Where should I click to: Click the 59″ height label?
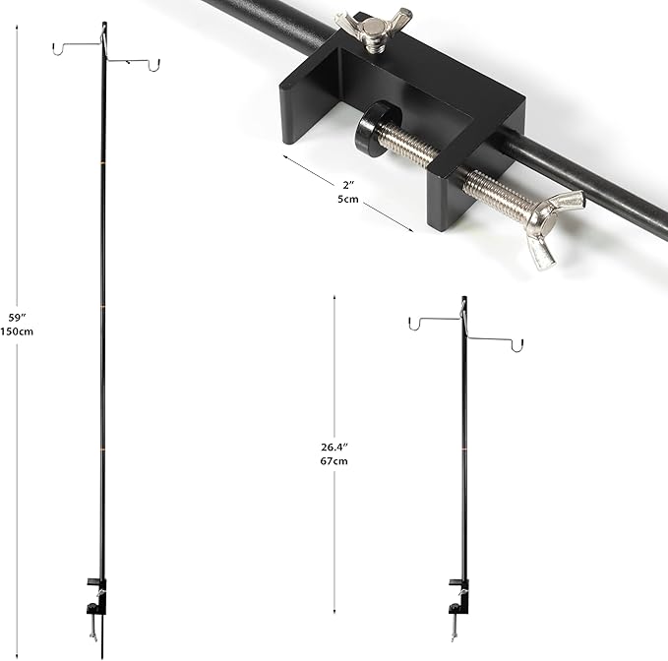(x=18, y=318)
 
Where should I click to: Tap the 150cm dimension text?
(x=17, y=330)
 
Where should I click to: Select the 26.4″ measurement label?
(x=334, y=447)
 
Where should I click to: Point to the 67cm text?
(x=334, y=460)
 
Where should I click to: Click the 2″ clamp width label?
(x=348, y=185)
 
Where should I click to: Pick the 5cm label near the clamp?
(x=348, y=199)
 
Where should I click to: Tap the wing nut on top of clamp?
(x=373, y=31)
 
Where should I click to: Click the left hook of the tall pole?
(x=58, y=48)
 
